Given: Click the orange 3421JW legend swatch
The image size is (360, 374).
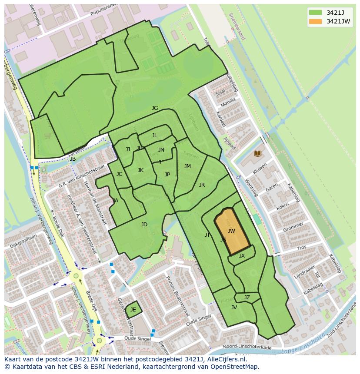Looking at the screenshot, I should [x=316, y=21].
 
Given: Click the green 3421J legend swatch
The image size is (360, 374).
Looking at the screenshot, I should [x=316, y=12].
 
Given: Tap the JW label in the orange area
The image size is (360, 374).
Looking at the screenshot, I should [x=231, y=231].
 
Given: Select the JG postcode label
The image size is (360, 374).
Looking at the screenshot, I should [x=155, y=108].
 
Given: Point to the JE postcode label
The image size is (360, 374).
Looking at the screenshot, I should [x=133, y=310].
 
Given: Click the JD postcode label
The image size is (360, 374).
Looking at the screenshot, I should [x=144, y=225].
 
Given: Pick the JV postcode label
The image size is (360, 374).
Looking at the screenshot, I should [x=234, y=308].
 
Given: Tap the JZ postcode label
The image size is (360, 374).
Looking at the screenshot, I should [x=247, y=298].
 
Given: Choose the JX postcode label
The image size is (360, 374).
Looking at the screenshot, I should [x=242, y=256].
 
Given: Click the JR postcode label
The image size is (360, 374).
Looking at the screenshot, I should [x=202, y=185].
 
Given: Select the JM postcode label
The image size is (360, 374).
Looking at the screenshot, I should [x=187, y=166].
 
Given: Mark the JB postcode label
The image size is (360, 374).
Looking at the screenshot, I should [x=73, y=159].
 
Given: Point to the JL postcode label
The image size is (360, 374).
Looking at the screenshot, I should [x=154, y=136].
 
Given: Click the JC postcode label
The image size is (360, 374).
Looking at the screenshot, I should [x=119, y=174].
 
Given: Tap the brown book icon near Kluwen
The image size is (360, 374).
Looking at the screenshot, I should [x=257, y=153].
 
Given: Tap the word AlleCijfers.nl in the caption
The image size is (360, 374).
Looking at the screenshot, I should [x=225, y=359].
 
